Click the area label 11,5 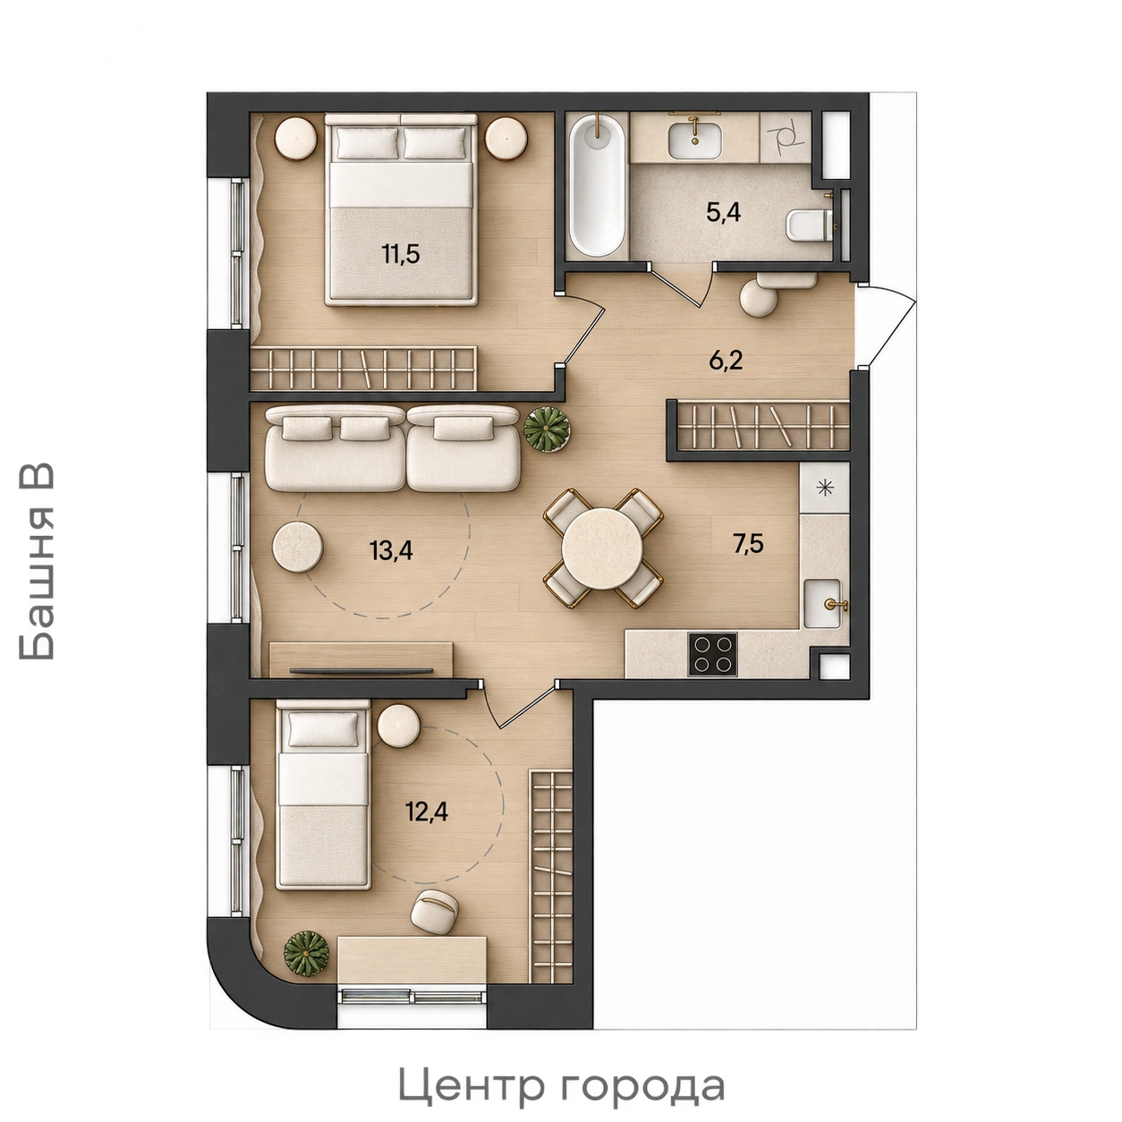[401, 254]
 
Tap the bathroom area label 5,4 [723, 213]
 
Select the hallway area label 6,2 [726, 361]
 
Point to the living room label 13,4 [391, 549]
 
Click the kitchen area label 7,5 [748, 545]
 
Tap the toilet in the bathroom [811, 225]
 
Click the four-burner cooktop [712, 654]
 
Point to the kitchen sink [822, 603]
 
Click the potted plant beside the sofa [547, 429]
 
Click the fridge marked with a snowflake [824, 488]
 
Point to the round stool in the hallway [758, 299]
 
